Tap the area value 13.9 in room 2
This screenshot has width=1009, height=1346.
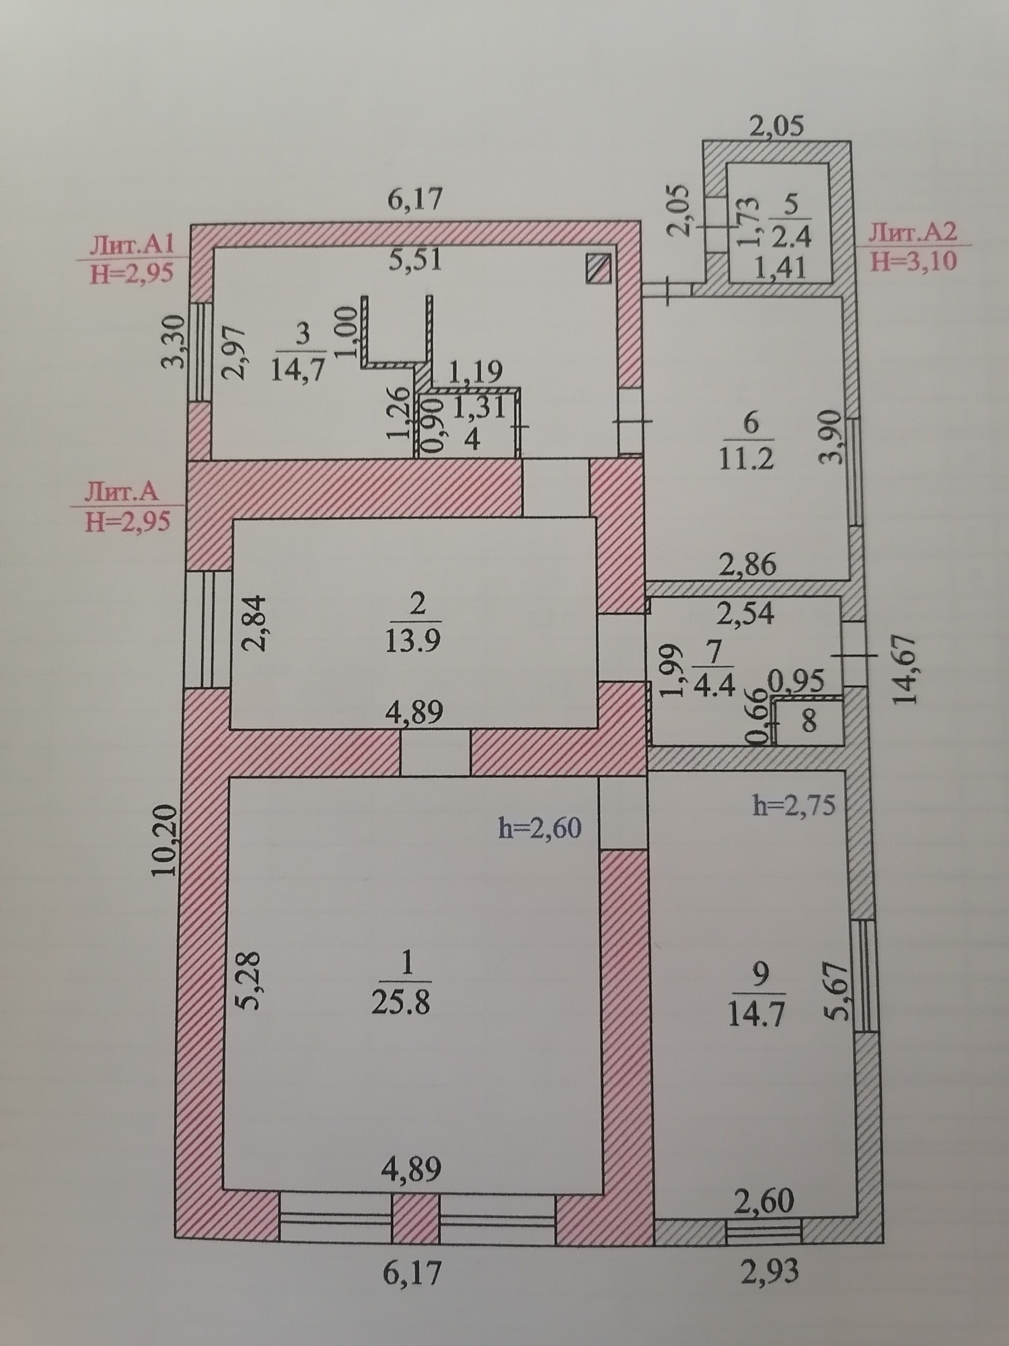click(x=413, y=640)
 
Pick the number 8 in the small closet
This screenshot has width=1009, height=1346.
click(x=809, y=722)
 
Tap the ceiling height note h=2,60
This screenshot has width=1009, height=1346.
click(x=540, y=828)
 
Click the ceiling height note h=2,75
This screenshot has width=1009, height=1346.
click(x=794, y=805)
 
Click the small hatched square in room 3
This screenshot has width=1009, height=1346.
click(x=598, y=269)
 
